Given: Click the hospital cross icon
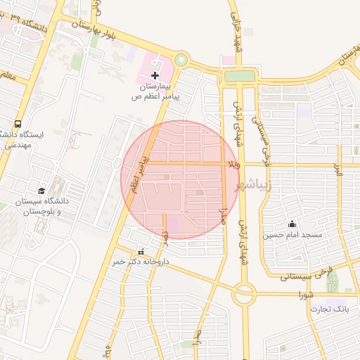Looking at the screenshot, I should click(x=155, y=75).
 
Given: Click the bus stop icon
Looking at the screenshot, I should click(x=17, y=122).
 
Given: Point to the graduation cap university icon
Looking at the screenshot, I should click(x=41, y=191).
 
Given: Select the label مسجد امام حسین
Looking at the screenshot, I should click(x=292, y=235).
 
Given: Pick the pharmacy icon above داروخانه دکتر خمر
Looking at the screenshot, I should click(x=141, y=252).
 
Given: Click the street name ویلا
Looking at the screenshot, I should click(x=233, y=164).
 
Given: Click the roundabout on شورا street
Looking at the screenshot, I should click(x=244, y=293).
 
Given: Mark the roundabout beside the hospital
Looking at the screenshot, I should click(x=181, y=60).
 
